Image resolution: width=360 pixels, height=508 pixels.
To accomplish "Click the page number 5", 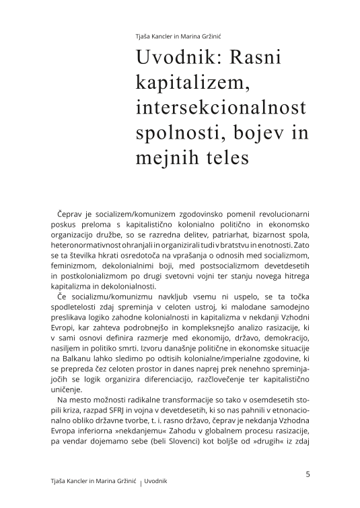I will click(x=308, y=474).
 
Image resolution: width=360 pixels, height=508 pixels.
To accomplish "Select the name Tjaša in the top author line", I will click(x=143, y=38).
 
